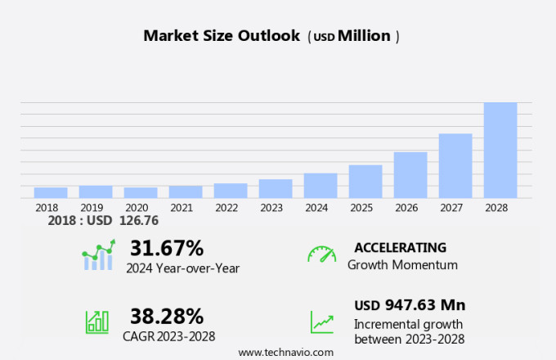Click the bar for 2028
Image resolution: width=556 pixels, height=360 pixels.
pos(500,150)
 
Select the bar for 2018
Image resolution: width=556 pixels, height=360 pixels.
pos(51,192)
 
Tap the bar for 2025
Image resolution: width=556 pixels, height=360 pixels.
pos(365,181)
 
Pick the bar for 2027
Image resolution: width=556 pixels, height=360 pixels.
pos(455,165)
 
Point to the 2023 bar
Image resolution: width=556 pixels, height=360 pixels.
pos(276,188)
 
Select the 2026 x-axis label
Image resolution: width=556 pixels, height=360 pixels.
pos(410,208)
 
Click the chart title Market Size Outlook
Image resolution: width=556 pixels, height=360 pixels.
pos(221,36)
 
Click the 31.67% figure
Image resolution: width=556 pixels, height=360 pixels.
pos(166,248)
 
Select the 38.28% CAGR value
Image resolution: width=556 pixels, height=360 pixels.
pos(166,315)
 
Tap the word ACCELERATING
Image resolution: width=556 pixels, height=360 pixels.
pos(400,248)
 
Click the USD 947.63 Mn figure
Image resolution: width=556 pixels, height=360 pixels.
pos(409,305)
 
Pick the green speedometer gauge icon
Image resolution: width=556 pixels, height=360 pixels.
pos(321,254)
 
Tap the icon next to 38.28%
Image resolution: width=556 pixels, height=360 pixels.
pos(97,321)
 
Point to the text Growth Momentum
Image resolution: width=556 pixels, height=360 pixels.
pos(402,265)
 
